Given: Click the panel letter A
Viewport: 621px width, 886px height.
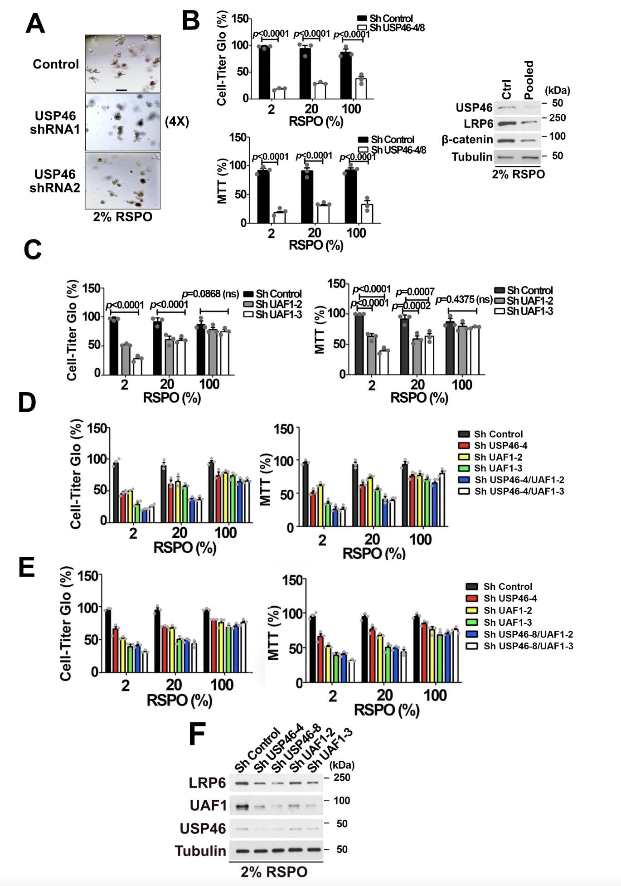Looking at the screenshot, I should [35, 24].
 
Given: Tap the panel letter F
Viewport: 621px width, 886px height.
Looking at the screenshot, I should [197, 734].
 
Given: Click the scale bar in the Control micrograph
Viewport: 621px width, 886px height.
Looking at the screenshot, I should [121, 90].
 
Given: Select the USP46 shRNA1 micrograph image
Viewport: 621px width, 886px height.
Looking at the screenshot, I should [123, 122].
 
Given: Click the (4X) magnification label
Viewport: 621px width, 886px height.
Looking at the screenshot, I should [176, 122].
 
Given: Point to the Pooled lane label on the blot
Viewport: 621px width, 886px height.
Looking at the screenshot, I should [529, 80].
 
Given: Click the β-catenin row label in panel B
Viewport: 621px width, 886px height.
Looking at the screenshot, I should [467, 140].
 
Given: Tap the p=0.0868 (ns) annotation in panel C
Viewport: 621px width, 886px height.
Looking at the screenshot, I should [210, 294].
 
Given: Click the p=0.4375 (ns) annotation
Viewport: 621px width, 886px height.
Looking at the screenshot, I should [464, 300].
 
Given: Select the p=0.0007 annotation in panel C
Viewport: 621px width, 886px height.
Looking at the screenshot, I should [415, 292].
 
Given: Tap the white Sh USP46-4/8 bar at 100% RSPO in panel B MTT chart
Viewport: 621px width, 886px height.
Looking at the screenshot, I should [367, 214].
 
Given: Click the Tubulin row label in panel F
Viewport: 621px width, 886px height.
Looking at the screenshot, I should [200, 851].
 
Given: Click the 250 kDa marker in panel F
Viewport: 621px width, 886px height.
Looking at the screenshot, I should [342, 778].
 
